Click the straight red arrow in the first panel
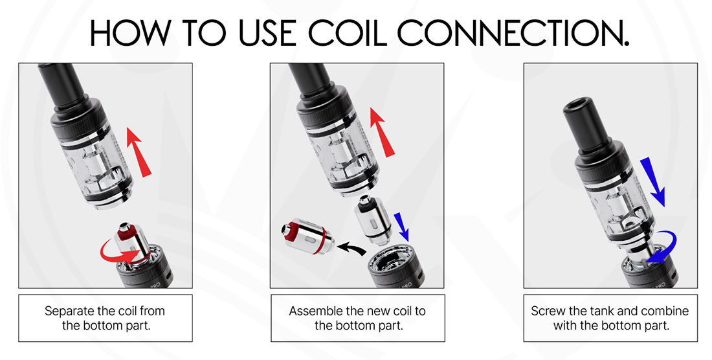click(x=138, y=152)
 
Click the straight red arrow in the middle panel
click(x=382, y=132)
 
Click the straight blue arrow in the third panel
click(x=652, y=182)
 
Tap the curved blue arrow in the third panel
click(x=663, y=247)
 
